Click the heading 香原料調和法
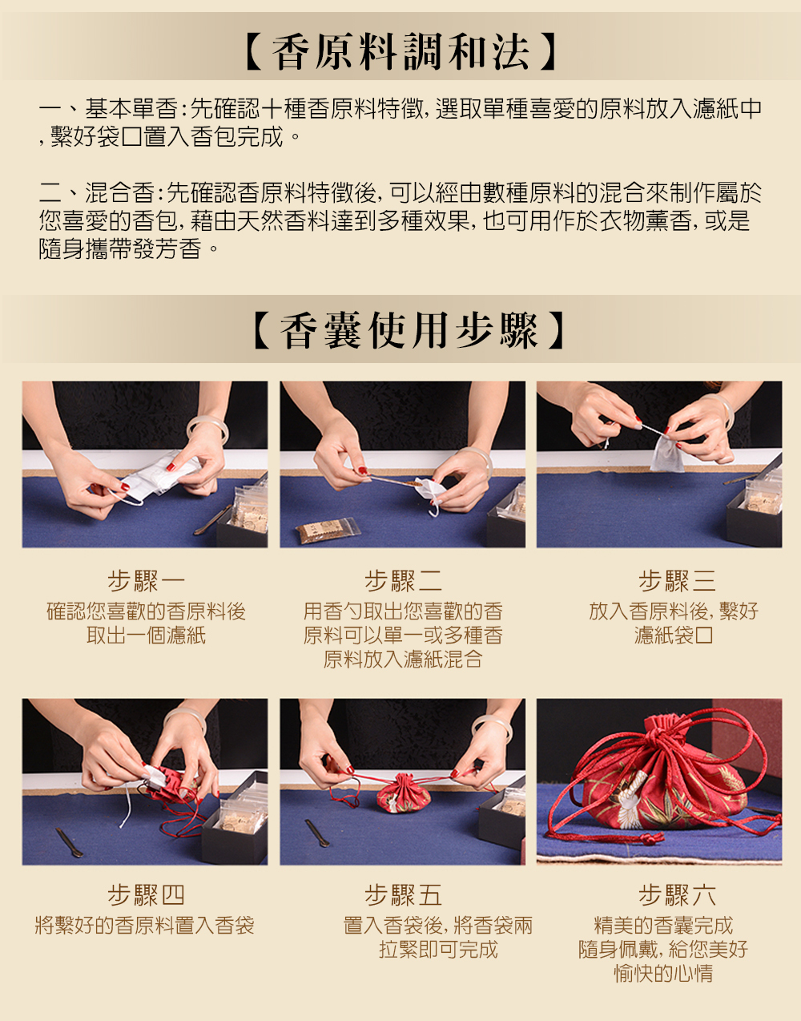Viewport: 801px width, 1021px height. (x=400, y=51)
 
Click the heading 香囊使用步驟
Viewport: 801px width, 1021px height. (x=408, y=331)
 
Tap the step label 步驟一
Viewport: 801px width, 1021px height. (x=146, y=581)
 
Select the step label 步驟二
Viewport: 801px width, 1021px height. (x=403, y=581)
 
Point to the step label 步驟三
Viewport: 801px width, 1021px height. (x=677, y=581)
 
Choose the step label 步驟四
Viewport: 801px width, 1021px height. (x=146, y=895)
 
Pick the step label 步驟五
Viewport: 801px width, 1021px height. (x=403, y=895)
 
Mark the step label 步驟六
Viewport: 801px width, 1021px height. (x=677, y=895)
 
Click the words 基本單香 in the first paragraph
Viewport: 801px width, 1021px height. (x=131, y=109)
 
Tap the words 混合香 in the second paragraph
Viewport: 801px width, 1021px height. (x=119, y=192)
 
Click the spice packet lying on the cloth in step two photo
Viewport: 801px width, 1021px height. (x=328, y=530)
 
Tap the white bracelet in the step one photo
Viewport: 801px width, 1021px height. (x=207, y=429)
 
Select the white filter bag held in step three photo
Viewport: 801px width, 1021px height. (x=667, y=452)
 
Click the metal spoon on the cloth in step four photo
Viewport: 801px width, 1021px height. (x=70, y=842)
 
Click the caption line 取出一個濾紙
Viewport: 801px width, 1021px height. (x=146, y=636)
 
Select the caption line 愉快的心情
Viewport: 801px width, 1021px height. (x=663, y=974)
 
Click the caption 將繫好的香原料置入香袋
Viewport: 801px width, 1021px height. (x=145, y=926)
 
